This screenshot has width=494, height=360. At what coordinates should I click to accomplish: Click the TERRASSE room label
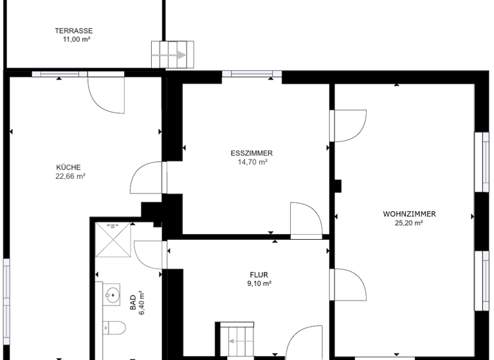74,30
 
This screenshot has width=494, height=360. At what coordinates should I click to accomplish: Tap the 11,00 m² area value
74,39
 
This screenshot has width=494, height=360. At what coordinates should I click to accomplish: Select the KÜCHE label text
69,167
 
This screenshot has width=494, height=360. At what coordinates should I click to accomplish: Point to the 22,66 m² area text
70,175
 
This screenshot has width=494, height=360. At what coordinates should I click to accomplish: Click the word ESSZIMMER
252,153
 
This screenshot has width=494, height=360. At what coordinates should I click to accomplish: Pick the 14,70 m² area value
252,162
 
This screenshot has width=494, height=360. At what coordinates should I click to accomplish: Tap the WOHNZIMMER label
410,214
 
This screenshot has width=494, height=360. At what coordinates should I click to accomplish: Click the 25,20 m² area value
409,223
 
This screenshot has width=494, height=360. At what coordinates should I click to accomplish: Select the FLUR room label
259,274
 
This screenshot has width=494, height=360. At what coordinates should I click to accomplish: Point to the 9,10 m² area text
259,283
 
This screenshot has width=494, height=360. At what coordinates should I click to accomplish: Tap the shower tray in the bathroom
113,239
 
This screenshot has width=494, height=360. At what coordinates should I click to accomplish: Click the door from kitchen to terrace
104,93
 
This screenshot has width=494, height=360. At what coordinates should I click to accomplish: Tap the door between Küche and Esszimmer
147,177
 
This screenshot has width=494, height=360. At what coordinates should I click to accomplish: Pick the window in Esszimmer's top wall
252,74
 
